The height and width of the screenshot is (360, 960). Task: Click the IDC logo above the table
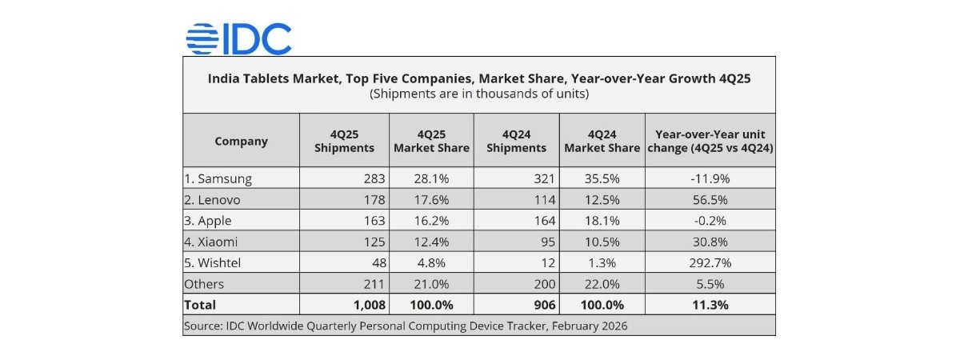238,38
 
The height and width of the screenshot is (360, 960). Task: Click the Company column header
241,142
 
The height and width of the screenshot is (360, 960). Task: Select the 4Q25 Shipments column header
344,142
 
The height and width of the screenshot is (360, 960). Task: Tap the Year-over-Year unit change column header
710,142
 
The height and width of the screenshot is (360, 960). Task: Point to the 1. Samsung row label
218,178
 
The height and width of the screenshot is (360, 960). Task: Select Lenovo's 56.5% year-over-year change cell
710,200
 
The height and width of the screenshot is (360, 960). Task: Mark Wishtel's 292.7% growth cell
710,262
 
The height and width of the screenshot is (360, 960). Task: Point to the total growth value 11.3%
710,305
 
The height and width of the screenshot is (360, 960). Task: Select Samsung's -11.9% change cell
710,178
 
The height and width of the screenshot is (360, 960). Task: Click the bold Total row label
200,305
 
